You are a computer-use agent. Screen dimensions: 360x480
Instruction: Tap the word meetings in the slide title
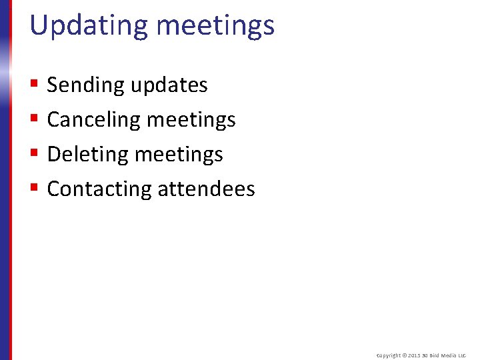[x=215, y=26]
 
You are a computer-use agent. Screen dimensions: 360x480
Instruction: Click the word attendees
[x=207, y=189]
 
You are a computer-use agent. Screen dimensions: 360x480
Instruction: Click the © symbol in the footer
[x=404, y=356]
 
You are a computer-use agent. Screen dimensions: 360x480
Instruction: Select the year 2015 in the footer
[x=414, y=356]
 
